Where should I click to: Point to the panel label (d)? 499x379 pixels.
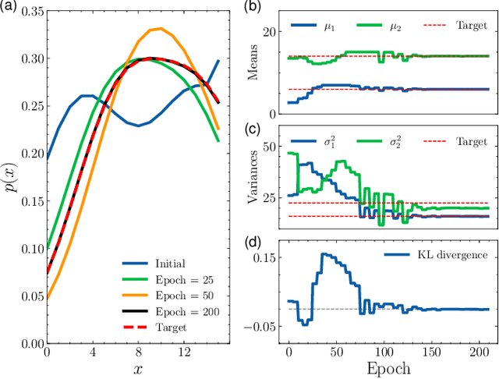coord(253,242)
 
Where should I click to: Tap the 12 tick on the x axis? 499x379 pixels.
coord(185,353)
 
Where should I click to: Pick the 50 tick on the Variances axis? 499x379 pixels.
coord(271,147)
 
